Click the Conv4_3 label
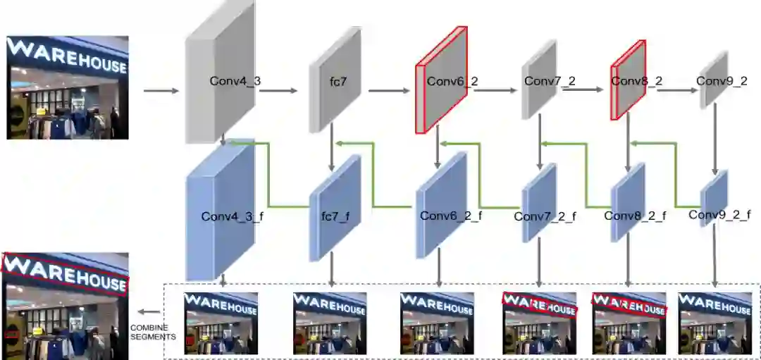pos(235,81)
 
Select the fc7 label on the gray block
pos(338,82)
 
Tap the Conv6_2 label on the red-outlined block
pos(452,81)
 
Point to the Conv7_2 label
pos(550,81)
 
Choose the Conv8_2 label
pos(636,81)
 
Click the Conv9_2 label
pos(722,81)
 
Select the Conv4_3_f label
pos(232,216)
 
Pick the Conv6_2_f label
pos(451,216)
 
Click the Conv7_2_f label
pos(545,216)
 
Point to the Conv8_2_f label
pos(635,216)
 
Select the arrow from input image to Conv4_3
pos(161,90)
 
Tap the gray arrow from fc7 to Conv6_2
pos(388,90)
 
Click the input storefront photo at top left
pos(68,87)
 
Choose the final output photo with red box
pos(65,306)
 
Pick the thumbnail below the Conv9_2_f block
pos(714,323)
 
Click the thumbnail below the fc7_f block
pos(330,323)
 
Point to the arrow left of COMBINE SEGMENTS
pos(147,311)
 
